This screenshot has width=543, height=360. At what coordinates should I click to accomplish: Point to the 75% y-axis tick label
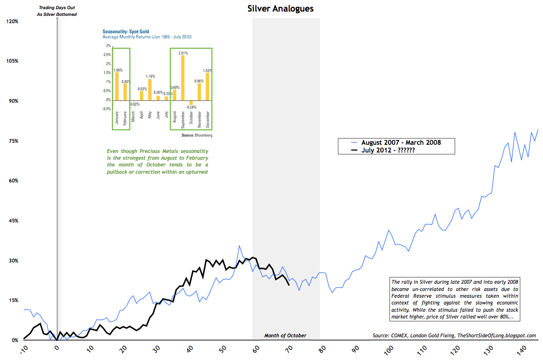(x=12, y=141)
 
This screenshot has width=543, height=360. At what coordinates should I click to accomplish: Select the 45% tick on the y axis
(x=12, y=221)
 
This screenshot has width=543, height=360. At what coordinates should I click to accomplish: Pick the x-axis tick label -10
(x=23, y=350)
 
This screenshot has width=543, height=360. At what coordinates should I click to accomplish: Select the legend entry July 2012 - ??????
(x=389, y=150)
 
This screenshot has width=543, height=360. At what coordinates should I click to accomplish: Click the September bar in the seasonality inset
(x=182, y=78)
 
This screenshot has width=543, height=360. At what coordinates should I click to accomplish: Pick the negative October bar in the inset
(x=191, y=102)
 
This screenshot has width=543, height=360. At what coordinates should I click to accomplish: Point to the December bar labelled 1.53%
(x=208, y=86)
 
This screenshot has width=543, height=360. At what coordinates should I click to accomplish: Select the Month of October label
(x=285, y=335)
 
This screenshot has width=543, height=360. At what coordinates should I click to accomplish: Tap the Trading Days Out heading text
(x=57, y=8)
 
